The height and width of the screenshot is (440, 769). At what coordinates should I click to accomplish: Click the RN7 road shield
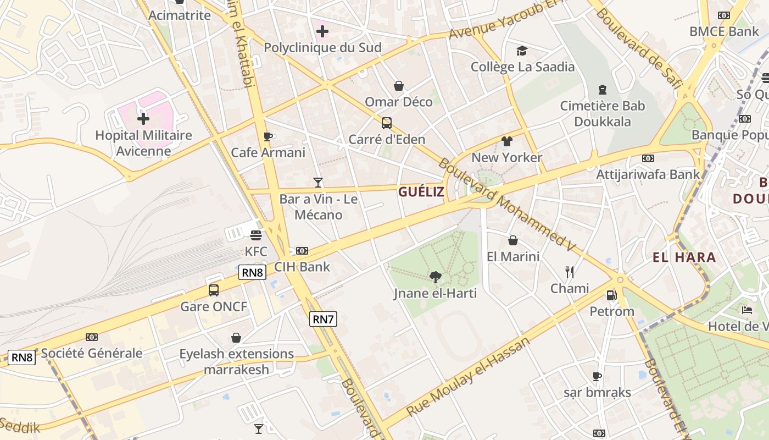[x=323, y=318]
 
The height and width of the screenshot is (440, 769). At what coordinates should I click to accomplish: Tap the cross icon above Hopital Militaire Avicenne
[x=143, y=118]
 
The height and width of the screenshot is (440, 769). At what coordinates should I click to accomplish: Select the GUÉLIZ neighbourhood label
[x=421, y=191]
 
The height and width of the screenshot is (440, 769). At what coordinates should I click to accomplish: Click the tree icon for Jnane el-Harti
[x=436, y=277]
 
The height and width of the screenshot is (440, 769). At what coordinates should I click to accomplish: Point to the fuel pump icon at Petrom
[x=611, y=295]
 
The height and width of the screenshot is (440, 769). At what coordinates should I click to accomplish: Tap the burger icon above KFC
[x=255, y=235]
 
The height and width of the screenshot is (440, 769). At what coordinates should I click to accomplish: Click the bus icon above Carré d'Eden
[x=387, y=123]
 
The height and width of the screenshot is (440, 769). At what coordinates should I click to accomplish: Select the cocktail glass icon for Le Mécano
[x=317, y=183]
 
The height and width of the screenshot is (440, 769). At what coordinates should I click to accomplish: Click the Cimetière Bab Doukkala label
[x=603, y=113]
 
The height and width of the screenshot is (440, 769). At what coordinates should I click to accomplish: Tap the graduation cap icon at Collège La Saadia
[x=522, y=51]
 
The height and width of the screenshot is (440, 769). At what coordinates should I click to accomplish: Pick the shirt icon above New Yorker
[x=506, y=141]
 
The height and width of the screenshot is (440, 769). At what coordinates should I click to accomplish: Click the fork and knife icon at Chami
[x=570, y=272]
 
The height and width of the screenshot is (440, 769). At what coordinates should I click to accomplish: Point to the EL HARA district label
[x=684, y=257]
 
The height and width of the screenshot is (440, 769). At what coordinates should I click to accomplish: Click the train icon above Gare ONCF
[x=214, y=290]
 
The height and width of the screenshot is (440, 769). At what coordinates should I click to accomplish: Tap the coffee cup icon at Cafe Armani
[x=268, y=136]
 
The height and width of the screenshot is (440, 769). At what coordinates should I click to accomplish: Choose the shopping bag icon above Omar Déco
[x=399, y=86]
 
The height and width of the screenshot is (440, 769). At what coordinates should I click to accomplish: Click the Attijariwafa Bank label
[x=648, y=174]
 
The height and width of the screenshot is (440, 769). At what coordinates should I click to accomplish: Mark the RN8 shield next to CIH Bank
[x=253, y=272]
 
